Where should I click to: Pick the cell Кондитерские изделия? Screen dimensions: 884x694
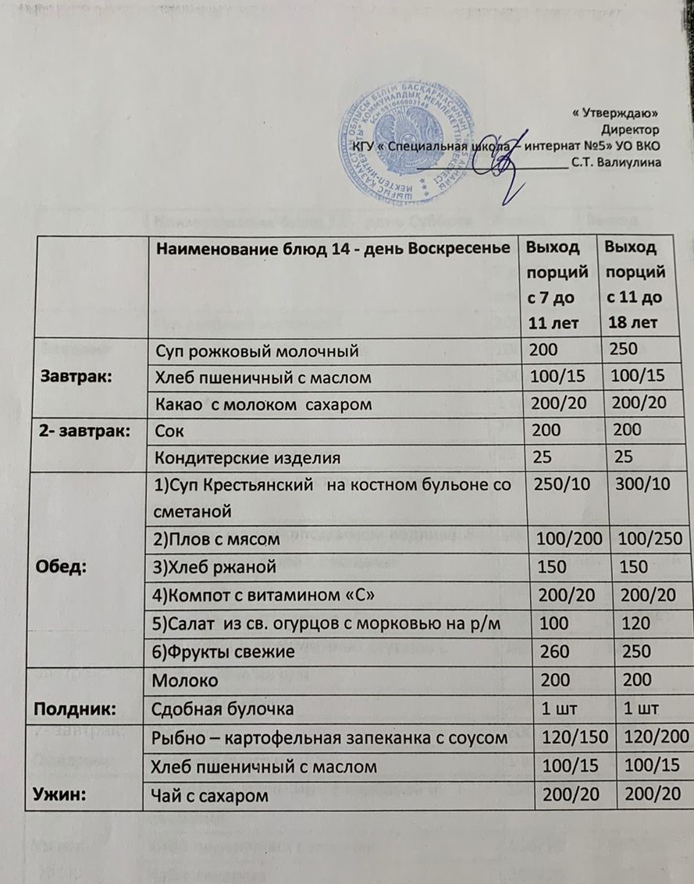coord(250,456)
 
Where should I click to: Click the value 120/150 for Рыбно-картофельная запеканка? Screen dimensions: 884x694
coord(563,737)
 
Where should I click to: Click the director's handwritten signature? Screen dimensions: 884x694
coord(507,166)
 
